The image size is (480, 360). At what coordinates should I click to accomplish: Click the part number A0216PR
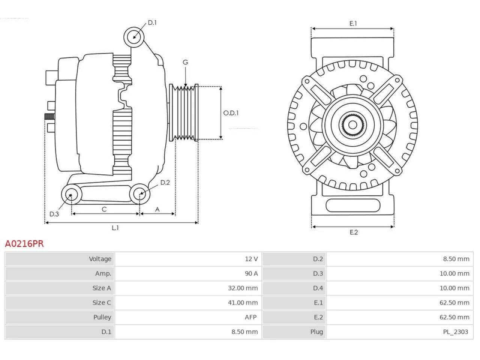[x=24, y=244]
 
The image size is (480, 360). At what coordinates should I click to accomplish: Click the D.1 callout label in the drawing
[x=152, y=23]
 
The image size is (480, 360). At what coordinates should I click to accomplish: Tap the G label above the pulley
[x=185, y=62]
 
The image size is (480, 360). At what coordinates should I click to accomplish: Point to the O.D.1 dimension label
[x=231, y=113]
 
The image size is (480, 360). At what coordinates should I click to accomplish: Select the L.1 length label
[x=115, y=228]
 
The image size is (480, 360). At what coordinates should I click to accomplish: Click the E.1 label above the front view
[x=353, y=23]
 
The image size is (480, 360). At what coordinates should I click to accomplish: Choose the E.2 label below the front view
[x=354, y=232]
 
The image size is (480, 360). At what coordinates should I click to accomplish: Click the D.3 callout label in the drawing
[x=54, y=214]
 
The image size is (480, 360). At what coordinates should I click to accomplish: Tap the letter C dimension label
[x=104, y=209]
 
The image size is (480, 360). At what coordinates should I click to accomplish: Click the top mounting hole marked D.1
[x=134, y=37]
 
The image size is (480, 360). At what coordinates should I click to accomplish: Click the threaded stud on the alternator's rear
[x=49, y=117]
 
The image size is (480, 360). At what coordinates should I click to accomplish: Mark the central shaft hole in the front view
[x=352, y=125]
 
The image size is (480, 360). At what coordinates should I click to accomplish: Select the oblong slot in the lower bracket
[x=353, y=205]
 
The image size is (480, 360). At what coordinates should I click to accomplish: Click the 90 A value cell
[x=251, y=273]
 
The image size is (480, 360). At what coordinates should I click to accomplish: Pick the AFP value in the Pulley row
[x=250, y=317]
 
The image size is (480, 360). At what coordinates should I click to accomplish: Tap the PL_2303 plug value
[x=456, y=332]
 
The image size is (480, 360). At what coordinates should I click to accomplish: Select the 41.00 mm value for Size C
[x=243, y=303]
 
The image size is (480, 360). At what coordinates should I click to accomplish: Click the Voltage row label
[x=100, y=259]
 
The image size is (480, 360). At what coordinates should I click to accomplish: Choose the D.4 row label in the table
[x=318, y=288]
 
